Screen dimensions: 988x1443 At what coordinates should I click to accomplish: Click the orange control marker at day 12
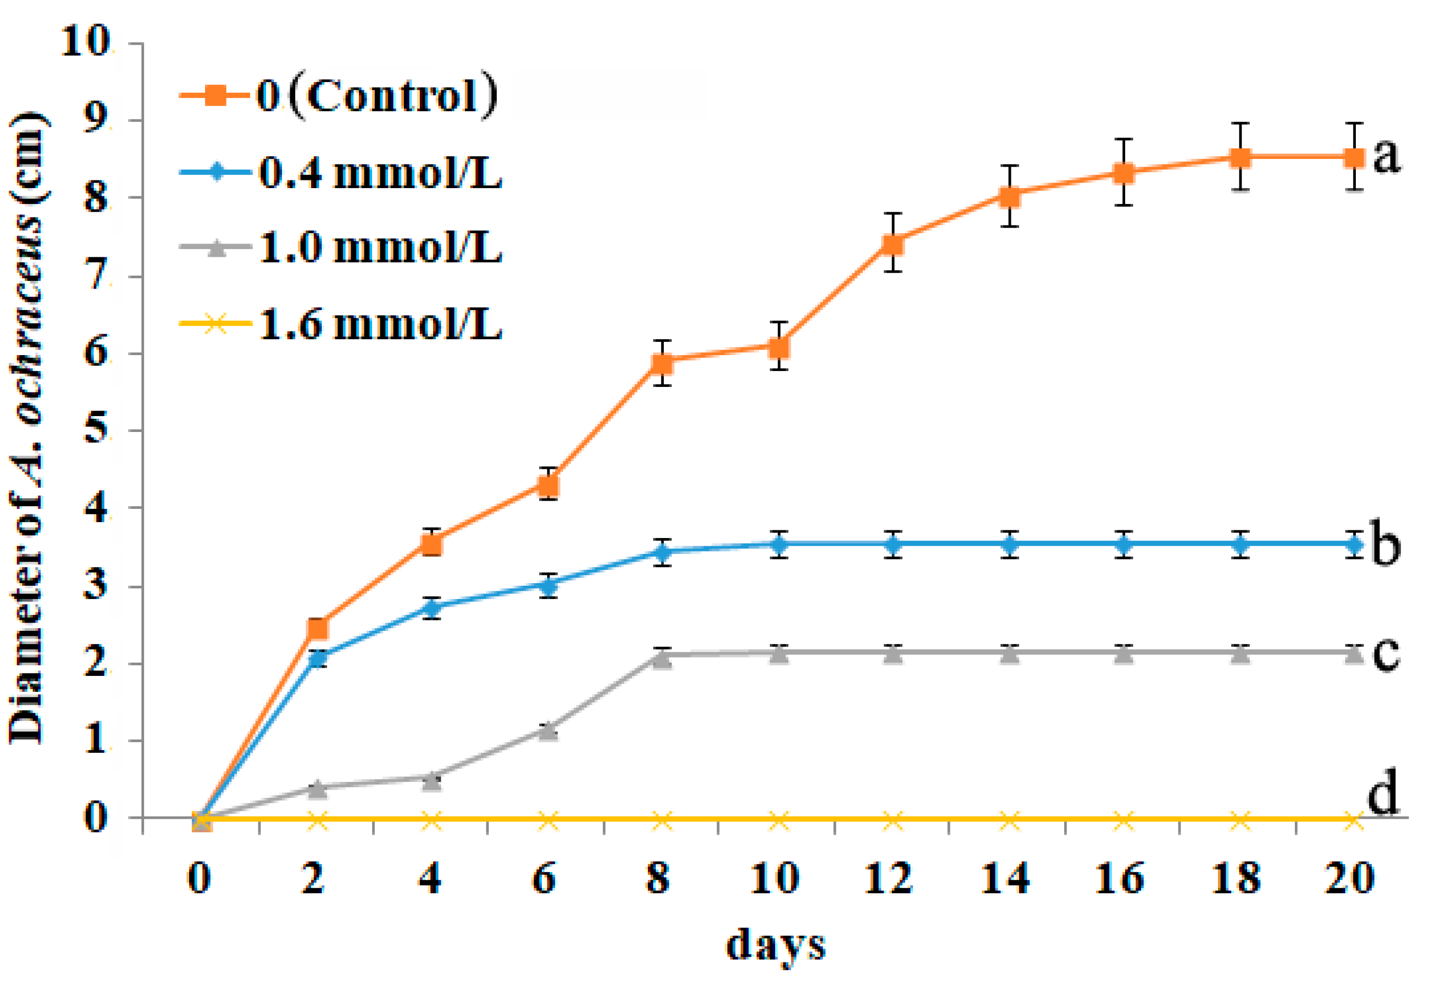pyautogui.click(x=893, y=244)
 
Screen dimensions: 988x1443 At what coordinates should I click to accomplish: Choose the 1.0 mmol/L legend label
pyautogui.click(x=379, y=248)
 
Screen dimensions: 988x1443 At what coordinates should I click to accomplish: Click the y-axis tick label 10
pyautogui.click(x=85, y=43)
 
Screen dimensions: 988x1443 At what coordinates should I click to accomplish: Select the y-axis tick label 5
pyautogui.click(x=95, y=429)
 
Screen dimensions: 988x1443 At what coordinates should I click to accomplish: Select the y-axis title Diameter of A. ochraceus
pyautogui.click(x=28, y=428)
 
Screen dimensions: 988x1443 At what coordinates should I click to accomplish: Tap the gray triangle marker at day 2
pyautogui.click(x=317, y=789)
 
